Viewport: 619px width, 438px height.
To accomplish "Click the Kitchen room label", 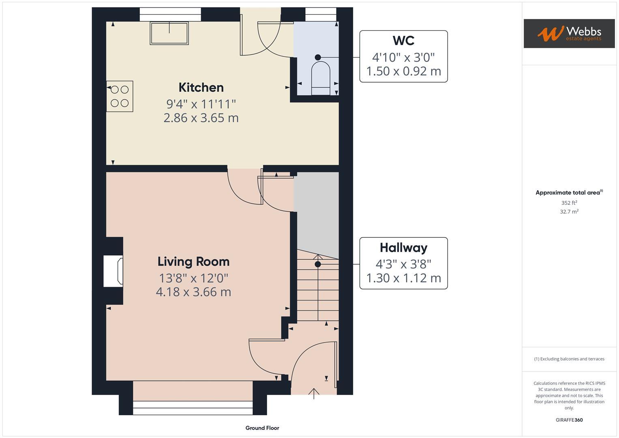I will click(201, 88).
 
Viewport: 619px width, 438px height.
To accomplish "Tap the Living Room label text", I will click(193, 262).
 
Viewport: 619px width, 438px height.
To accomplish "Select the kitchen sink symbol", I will click(169, 33).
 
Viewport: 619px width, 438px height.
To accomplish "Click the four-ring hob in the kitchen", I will click(120, 97).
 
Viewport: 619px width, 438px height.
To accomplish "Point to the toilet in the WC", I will click(320, 77).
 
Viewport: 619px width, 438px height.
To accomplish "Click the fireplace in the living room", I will click(114, 271).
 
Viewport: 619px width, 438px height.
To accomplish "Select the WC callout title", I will click(403, 41).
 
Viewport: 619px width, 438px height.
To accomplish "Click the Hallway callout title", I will click(403, 248).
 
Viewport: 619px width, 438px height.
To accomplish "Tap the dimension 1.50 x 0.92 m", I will click(403, 71).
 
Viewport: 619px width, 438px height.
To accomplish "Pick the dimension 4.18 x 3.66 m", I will click(193, 292).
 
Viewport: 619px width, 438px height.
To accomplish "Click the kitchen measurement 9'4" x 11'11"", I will click(201, 104).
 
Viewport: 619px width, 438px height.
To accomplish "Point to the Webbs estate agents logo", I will click(569, 34).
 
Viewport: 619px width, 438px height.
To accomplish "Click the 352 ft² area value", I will click(569, 203).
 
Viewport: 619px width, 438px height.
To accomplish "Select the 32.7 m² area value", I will click(569, 212).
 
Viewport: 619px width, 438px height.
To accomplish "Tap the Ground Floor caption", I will click(262, 428).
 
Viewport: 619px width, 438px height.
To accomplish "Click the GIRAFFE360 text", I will click(569, 420).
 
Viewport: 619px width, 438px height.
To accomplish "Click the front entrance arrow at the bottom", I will click(314, 393).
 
